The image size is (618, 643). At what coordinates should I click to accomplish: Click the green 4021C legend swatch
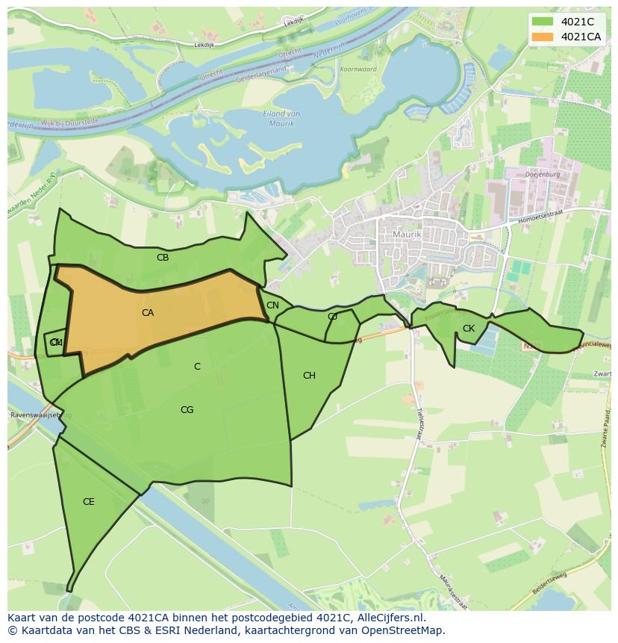543,22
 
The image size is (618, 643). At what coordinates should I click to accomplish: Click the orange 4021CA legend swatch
543,37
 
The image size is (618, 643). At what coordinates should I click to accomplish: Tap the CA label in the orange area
148,313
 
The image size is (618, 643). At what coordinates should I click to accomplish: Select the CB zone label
163,258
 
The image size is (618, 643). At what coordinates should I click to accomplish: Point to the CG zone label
187,410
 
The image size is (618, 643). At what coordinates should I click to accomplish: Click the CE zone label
88,502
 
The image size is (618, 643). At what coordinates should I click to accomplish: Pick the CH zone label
309,376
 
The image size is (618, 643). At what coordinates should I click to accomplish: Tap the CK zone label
469,329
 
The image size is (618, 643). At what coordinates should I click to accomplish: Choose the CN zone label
272,305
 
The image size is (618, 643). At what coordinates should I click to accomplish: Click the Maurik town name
407,234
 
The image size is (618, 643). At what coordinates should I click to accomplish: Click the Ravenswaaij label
34,415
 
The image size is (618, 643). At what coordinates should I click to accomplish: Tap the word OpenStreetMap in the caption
405,630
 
